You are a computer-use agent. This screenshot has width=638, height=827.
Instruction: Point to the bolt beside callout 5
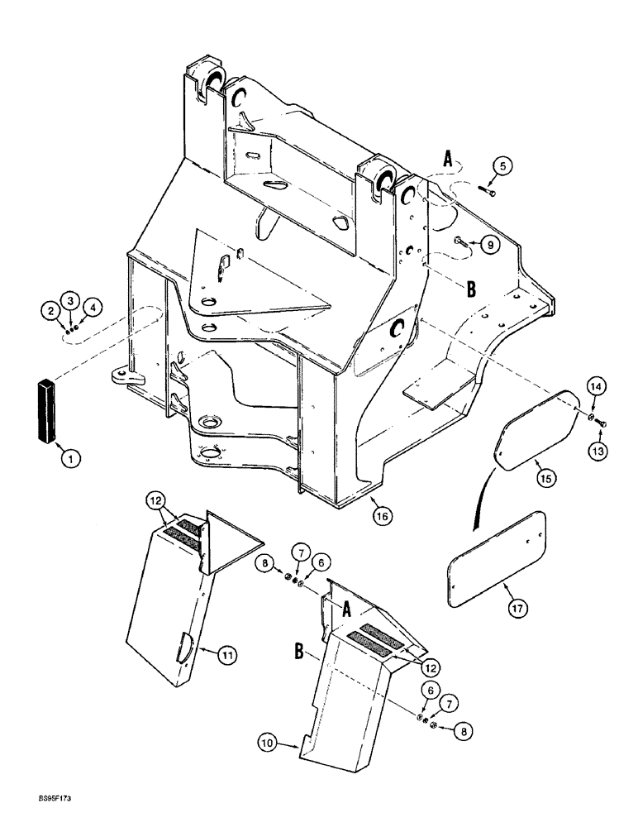[x=490, y=193]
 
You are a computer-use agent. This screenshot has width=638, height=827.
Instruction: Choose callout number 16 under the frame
[x=382, y=514]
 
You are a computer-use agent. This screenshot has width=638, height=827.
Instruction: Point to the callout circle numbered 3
[x=73, y=299]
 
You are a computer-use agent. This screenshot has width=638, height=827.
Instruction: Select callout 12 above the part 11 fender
[x=157, y=501]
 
